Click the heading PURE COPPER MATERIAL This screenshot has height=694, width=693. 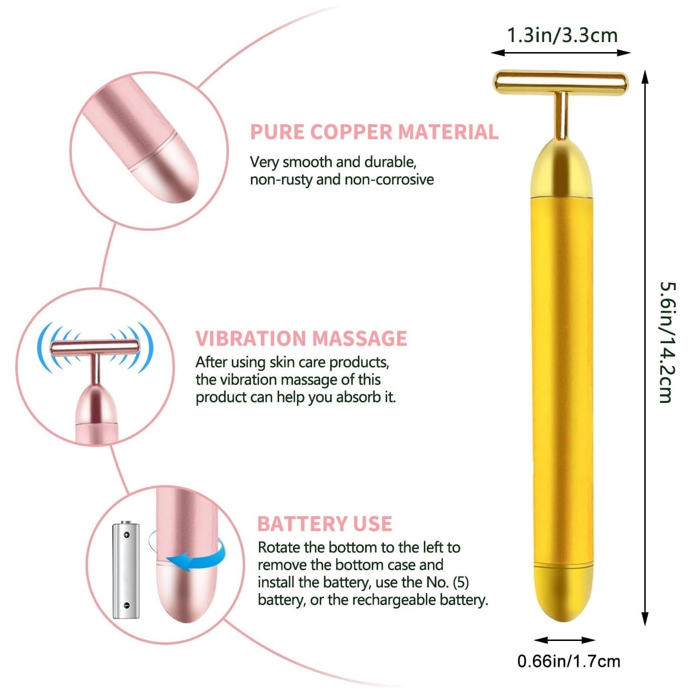[x=374, y=132]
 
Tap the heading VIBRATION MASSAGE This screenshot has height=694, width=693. [x=301, y=338]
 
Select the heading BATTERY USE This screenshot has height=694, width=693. [x=325, y=524]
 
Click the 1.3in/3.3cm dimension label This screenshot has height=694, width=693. [x=562, y=35]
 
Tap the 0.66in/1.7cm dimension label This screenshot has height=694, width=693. [x=569, y=661]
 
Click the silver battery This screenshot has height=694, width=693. [x=126, y=570]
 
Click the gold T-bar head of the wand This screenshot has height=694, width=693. [x=560, y=82]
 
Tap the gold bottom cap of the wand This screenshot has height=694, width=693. [x=563, y=593]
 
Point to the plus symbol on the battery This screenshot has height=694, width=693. [x=127, y=534]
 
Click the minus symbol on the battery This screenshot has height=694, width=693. [x=126, y=606]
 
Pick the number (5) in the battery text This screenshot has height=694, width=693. [x=460, y=583]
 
